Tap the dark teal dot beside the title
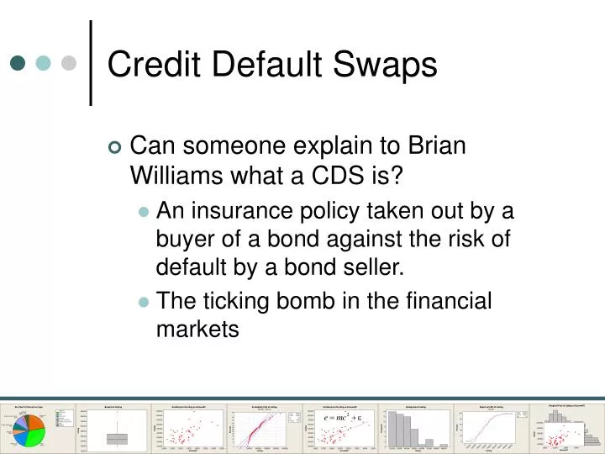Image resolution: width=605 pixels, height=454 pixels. coord(18,63)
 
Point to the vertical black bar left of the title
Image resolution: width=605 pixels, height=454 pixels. coord(90,63)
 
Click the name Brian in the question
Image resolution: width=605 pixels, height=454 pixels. coord(436,145)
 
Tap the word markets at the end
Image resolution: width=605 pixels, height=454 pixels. coord(197,330)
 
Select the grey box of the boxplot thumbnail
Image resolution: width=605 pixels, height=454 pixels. coord(117,438)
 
